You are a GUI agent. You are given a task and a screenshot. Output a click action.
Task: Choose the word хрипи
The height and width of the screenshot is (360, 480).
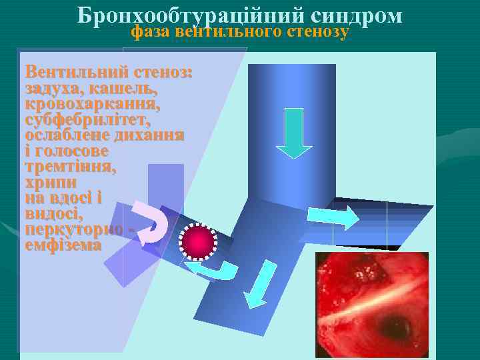pyautogui.click(x=50, y=182)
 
